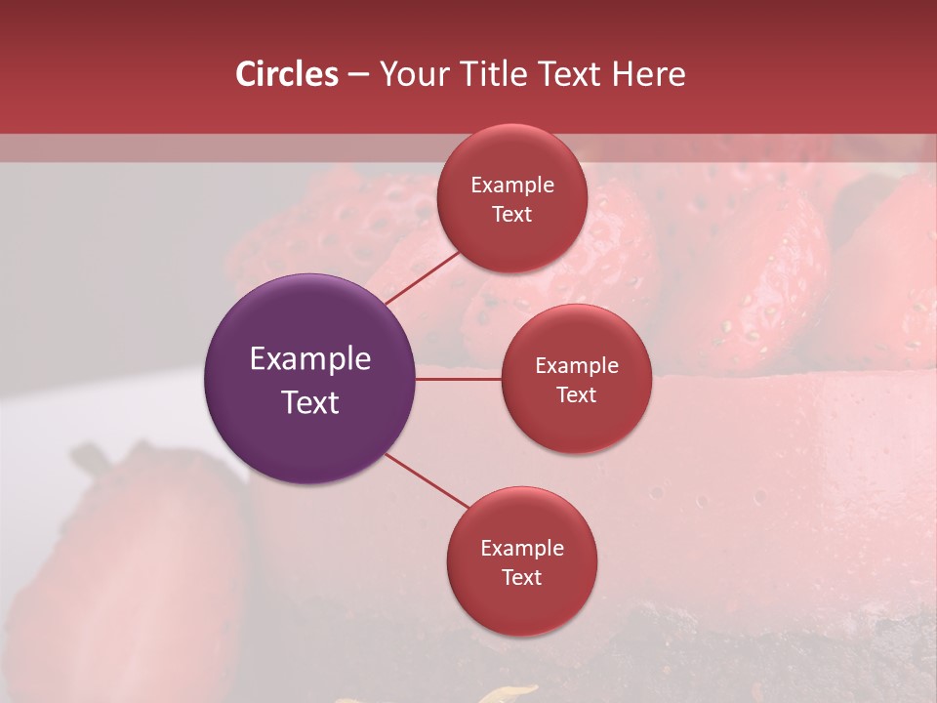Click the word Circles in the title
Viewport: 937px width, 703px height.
[x=286, y=73]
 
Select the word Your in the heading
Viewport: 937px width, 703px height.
[x=413, y=73]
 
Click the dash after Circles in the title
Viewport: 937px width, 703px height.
[x=358, y=75]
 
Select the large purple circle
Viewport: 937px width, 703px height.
[x=310, y=439]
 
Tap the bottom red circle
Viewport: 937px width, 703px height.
[x=521, y=605]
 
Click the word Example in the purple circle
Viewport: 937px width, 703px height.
[x=310, y=359]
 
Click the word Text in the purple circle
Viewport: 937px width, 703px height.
[x=310, y=402]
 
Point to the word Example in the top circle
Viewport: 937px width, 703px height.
[x=512, y=185]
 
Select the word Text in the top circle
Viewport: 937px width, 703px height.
[x=512, y=214]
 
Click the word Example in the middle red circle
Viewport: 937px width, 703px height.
[x=577, y=365]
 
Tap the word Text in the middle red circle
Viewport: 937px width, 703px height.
[x=577, y=394]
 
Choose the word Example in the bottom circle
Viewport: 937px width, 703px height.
[x=522, y=548]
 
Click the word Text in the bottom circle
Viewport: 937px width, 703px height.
[x=522, y=577]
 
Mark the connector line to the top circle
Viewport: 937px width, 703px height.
[x=422, y=278]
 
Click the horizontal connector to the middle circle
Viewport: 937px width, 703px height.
[x=459, y=379]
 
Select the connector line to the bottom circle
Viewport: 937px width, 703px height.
[x=428, y=481]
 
